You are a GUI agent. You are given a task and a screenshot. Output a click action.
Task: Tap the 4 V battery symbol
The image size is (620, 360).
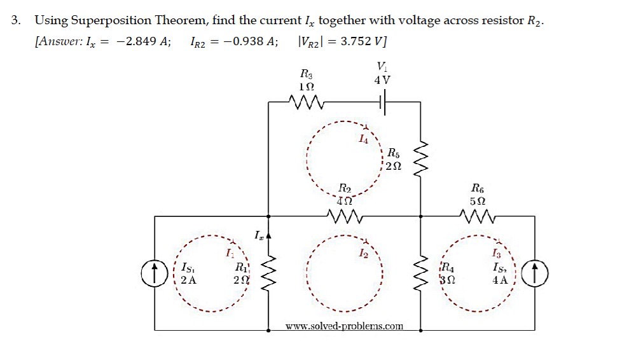(x=383, y=101)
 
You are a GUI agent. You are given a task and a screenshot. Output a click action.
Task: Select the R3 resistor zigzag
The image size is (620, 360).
(x=307, y=101)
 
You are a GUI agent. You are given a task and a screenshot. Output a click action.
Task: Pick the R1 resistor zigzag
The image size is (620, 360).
(x=268, y=273)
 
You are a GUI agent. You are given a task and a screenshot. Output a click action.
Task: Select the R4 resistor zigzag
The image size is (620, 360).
(x=420, y=273)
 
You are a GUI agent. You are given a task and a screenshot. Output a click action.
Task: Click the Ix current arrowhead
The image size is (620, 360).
(x=268, y=236)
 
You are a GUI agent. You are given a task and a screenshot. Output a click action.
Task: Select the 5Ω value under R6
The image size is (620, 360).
(x=478, y=200)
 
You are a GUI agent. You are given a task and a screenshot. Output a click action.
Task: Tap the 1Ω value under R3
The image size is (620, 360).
(x=307, y=85)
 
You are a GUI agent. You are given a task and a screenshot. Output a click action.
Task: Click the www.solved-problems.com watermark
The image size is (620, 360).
(x=344, y=326)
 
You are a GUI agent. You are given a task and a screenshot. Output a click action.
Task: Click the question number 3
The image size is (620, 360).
(x=16, y=20)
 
